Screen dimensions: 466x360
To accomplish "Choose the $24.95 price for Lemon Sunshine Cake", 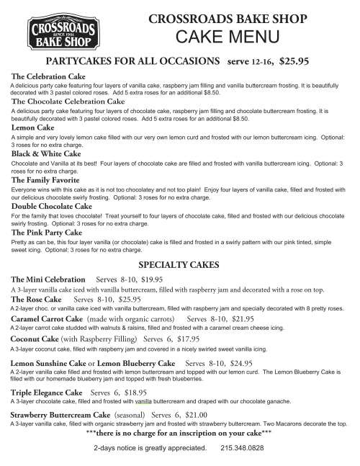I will [x=237, y=364].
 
